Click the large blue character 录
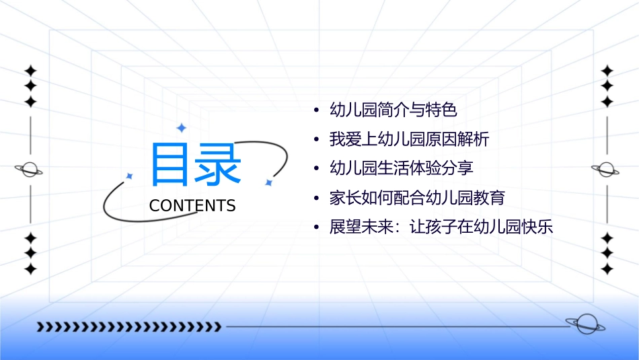coord(217,165)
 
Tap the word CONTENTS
coord(192,206)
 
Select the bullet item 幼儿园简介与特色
coord(393,109)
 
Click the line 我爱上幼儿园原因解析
coord(409,139)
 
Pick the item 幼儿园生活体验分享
coord(402,168)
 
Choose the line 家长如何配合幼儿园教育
coord(417,198)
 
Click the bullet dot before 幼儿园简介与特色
coord(316,110)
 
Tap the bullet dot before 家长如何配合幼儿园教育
coord(316,199)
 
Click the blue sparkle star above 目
coord(180,127)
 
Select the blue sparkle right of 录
coord(268,182)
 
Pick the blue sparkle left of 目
coord(130,176)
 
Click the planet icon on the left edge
coord(30,170)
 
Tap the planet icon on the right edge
coord(607,170)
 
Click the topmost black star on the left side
coord(30,71)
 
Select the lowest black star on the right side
coord(607,269)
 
